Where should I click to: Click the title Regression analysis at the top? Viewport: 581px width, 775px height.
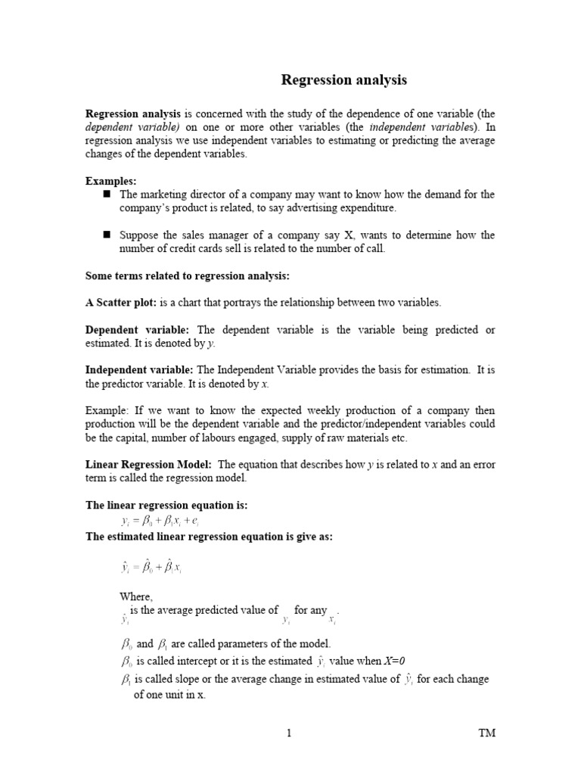pyautogui.click(x=344, y=79)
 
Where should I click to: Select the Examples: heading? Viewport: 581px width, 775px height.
pyautogui.click(x=111, y=181)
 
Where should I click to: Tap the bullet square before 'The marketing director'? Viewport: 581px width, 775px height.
pyautogui.click(x=107, y=194)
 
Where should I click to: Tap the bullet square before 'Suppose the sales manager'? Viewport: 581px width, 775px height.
pyautogui.click(x=107, y=235)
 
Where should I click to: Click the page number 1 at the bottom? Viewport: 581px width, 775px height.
pyautogui.click(x=289, y=733)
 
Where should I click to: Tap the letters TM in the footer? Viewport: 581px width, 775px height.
pyautogui.click(x=487, y=733)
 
